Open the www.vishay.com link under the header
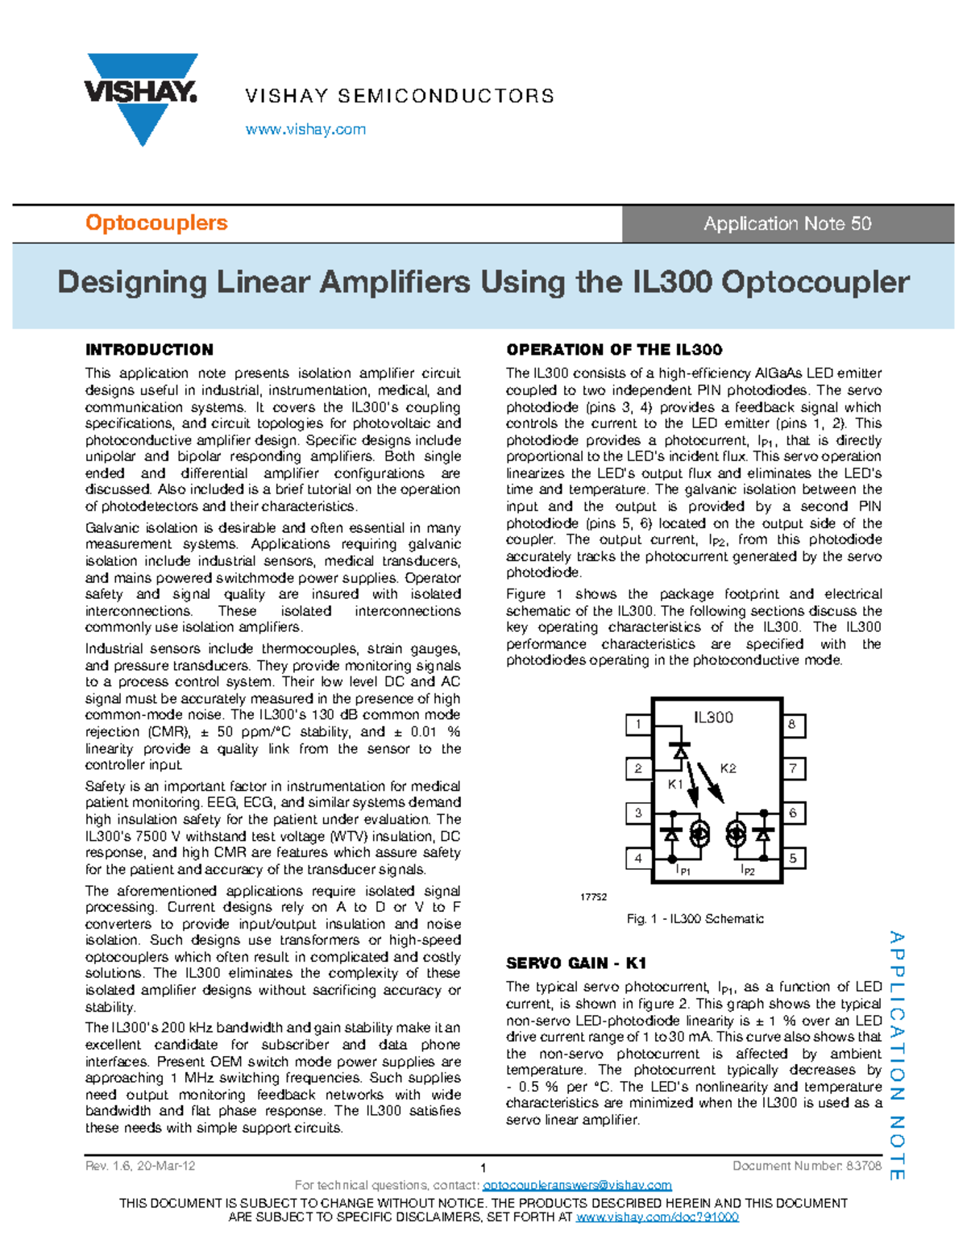[305, 129]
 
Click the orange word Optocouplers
[156, 223]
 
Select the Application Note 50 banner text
[787, 224]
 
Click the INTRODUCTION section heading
[149, 350]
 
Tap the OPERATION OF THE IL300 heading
[614, 350]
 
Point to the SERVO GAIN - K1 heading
[576, 963]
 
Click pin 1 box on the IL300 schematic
[638, 724]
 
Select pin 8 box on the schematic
[793, 724]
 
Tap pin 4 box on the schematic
[638, 859]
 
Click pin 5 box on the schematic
[793, 859]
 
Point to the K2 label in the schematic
[728, 768]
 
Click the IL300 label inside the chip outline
[713, 718]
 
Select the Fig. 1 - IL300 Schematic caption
[695, 919]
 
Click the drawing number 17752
[593, 896]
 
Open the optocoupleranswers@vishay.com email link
[577, 1185]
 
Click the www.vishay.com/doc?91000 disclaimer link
[657, 1217]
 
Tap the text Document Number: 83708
[807, 1166]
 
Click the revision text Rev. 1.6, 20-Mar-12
[140, 1166]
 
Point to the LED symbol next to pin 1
[680, 751]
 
